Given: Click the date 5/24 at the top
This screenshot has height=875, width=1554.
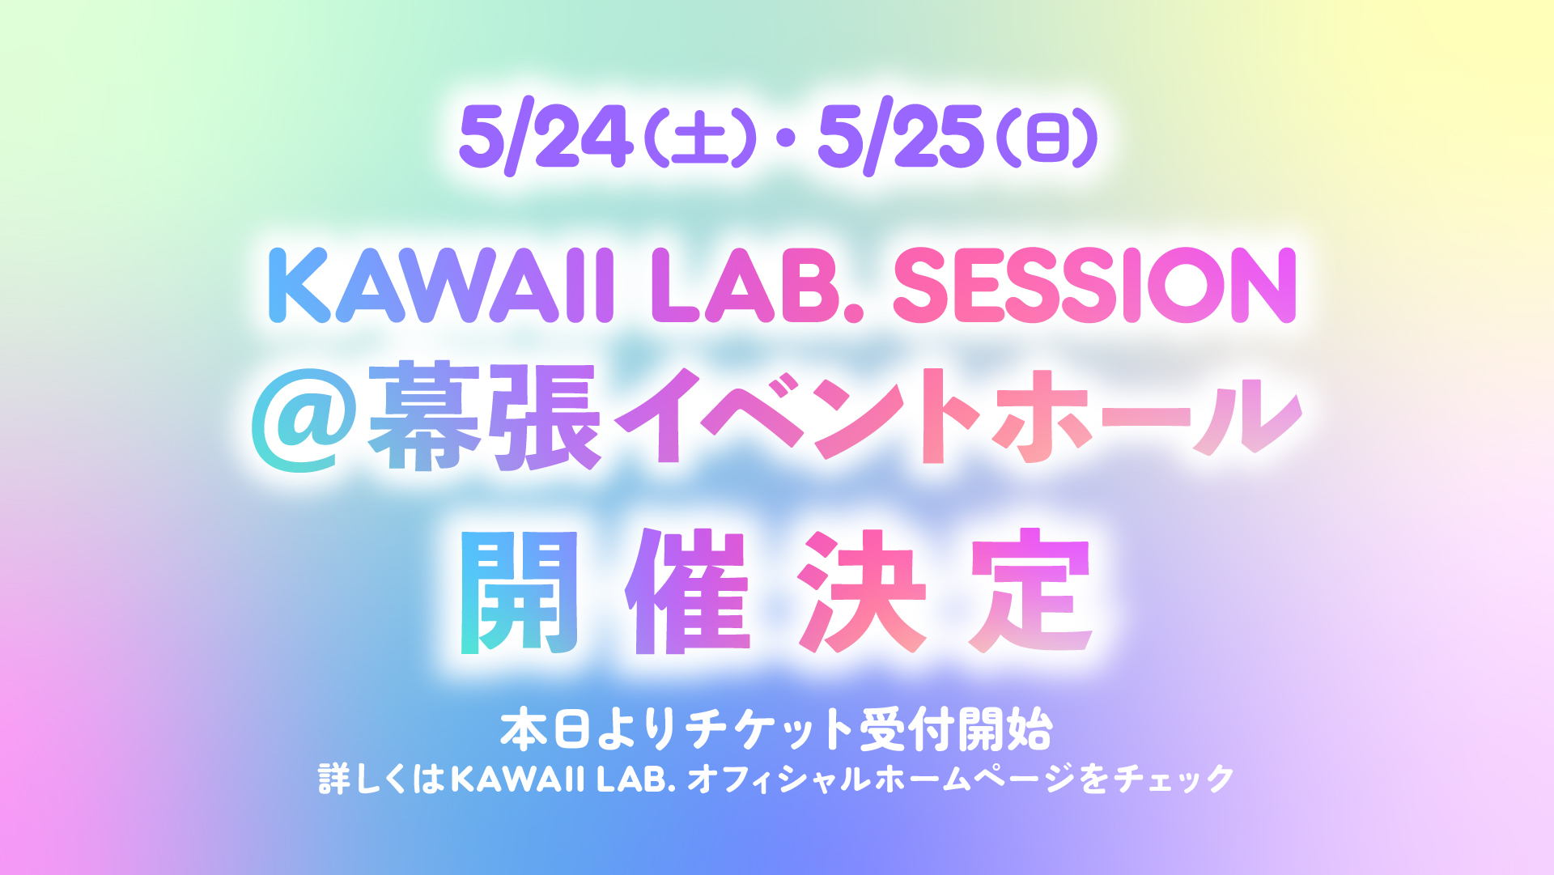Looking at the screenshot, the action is (x=546, y=137).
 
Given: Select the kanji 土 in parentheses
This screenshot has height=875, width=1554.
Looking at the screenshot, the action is (x=700, y=138).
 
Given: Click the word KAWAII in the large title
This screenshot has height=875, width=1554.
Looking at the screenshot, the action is (x=440, y=285).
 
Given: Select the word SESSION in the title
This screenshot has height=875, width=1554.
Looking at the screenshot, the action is (x=1095, y=285).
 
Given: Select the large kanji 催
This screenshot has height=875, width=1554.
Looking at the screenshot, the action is (x=688, y=591).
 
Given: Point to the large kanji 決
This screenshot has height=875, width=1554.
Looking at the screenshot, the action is (x=861, y=591).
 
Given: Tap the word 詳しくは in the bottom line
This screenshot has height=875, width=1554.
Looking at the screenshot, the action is (x=382, y=779).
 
